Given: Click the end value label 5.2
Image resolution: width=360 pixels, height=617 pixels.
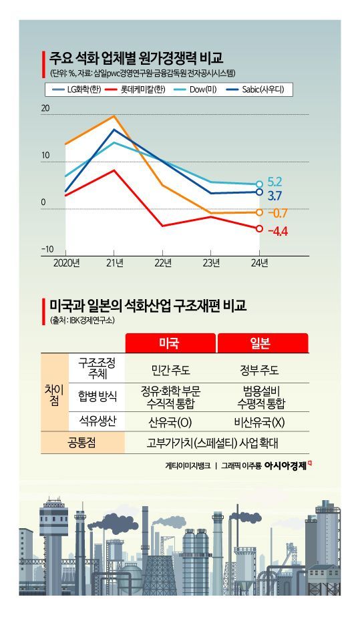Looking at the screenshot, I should point(275,181).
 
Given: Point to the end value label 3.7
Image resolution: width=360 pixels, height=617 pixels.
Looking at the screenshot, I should point(275,196).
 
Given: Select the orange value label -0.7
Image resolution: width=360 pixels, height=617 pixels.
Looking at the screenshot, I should point(277,213).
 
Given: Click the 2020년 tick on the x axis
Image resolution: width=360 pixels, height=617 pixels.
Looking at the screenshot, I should point(66,262).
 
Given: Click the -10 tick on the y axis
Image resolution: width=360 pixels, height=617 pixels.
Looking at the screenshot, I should point(47,250).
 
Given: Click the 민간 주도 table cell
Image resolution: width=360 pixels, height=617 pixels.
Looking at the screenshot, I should point(170,369).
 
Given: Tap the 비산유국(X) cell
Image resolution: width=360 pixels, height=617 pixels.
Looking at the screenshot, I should point(262,421).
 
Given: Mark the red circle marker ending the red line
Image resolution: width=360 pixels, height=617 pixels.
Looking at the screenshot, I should point(260,228).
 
